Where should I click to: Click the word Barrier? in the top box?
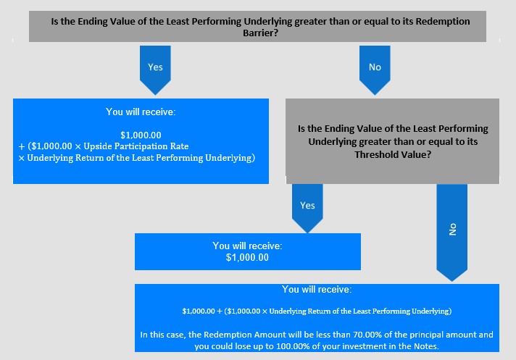(x=261, y=33)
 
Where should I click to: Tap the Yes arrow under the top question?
(x=155, y=70)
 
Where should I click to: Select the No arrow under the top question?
(x=375, y=70)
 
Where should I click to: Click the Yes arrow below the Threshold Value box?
(x=307, y=209)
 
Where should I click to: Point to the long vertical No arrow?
(x=451, y=233)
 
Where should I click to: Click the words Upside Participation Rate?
(x=136, y=146)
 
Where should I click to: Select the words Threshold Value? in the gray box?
(x=393, y=154)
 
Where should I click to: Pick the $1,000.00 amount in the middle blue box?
(x=247, y=257)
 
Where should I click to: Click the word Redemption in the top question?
(x=443, y=22)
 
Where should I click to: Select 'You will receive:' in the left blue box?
(x=141, y=112)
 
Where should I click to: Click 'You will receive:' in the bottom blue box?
(x=317, y=289)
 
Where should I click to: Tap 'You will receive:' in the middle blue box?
(x=247, y=246)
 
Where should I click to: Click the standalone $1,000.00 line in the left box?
(x=141, y=135)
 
